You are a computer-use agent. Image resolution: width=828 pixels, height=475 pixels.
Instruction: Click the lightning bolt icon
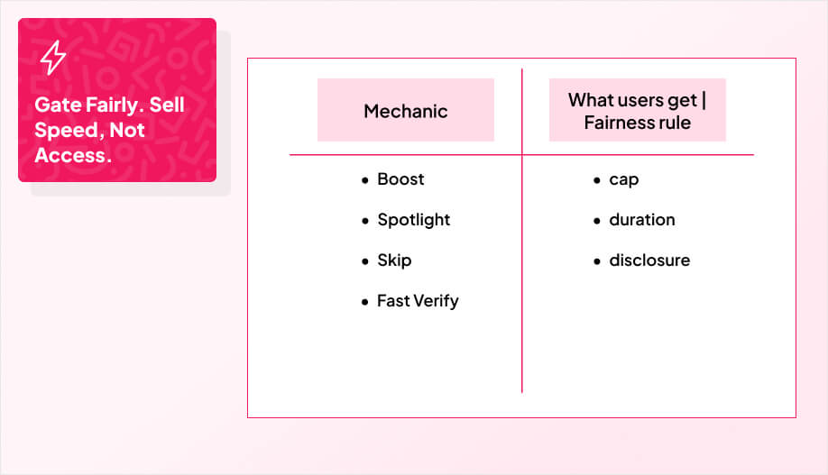click(x=53, y=58)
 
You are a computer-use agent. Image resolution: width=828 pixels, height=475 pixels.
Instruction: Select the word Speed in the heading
click(x=64, y=130)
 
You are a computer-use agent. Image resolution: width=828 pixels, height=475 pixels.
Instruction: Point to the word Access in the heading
click(x=69, y=155)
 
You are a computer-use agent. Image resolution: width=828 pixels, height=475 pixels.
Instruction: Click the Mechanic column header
click(x=406, y=111)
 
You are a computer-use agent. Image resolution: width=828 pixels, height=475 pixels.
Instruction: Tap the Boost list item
click(x=400, y=179)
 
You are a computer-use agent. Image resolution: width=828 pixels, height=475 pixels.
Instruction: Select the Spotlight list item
click(x=413, y=220)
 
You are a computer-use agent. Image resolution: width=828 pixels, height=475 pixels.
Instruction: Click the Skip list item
click(x=394, y=260)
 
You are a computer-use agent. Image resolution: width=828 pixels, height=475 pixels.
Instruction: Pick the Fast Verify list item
click(x=418, y=301)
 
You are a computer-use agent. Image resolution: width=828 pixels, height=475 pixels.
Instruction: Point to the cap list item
click(x=623, y=179)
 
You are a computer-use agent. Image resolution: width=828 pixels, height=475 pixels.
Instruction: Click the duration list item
click(x=641, y=220)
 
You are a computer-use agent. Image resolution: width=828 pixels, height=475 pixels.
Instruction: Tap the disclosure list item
click(x=649, y=260)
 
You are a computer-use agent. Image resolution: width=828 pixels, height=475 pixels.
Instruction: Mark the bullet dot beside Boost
click(x=365, y=180)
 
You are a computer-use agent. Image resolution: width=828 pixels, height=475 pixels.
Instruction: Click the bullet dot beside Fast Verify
click(x=365, y=302)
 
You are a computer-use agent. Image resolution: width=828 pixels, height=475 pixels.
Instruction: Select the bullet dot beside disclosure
click(x=597, y=261)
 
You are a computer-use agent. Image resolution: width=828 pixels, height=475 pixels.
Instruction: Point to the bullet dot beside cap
click(x=597, y=180)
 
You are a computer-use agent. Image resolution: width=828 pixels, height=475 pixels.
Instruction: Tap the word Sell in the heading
click(x=167, y=105)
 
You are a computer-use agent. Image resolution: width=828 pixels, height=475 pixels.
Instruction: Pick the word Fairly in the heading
click(x=109, y=105)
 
